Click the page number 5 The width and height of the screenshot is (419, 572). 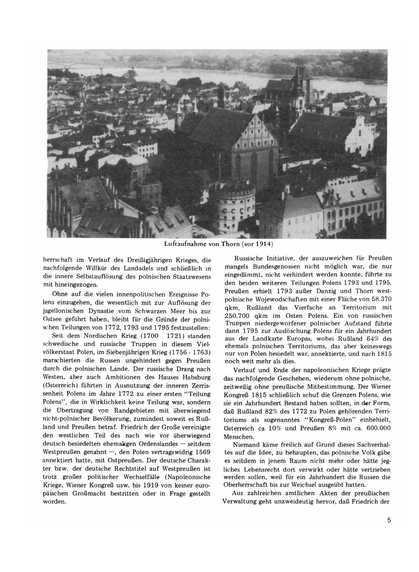pos(389,521)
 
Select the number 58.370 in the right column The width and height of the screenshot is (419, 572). pos(379,299)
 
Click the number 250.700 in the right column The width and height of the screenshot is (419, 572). pos(238,315)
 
